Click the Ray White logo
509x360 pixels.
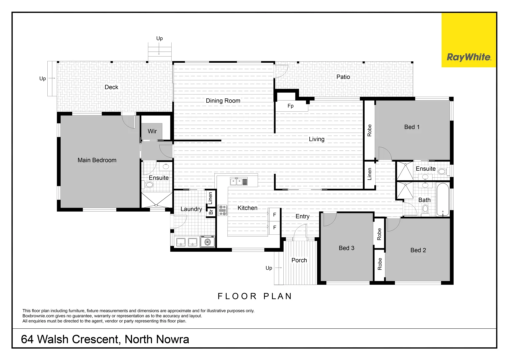(469, 57)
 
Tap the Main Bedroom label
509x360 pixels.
(97, 160)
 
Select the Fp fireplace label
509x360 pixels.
(291, 106)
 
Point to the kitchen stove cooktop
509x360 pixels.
(222, 210)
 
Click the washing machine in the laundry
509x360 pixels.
(208, 242)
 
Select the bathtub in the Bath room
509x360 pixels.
(443, 200)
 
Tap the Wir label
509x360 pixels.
(152, 131)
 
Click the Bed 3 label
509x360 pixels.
(346, 248)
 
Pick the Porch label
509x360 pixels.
(299, 260)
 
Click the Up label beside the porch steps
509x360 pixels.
(269, 268)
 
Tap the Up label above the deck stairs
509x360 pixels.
(159, 39)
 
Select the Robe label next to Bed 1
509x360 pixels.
(369, 130)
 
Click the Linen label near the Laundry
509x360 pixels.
(210, 198)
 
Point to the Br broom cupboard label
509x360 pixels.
(211, 212)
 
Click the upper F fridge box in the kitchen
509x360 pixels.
(275, 215)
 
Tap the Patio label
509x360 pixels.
(343, 77)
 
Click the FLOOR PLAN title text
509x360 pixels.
(255, 296)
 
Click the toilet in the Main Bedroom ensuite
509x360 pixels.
(149, 184)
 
